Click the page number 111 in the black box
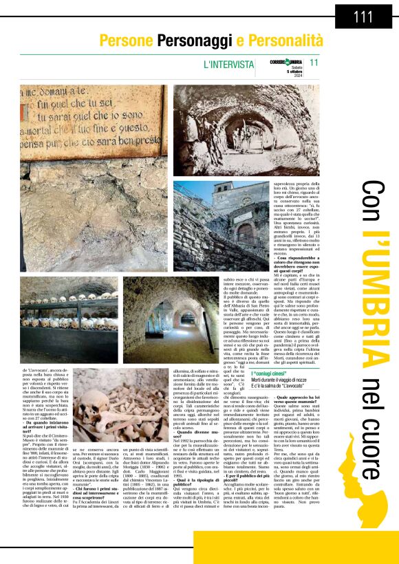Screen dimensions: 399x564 363,17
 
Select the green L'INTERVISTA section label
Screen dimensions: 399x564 228,64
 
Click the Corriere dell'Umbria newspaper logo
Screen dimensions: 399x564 286,62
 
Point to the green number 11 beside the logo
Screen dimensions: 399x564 314,63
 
